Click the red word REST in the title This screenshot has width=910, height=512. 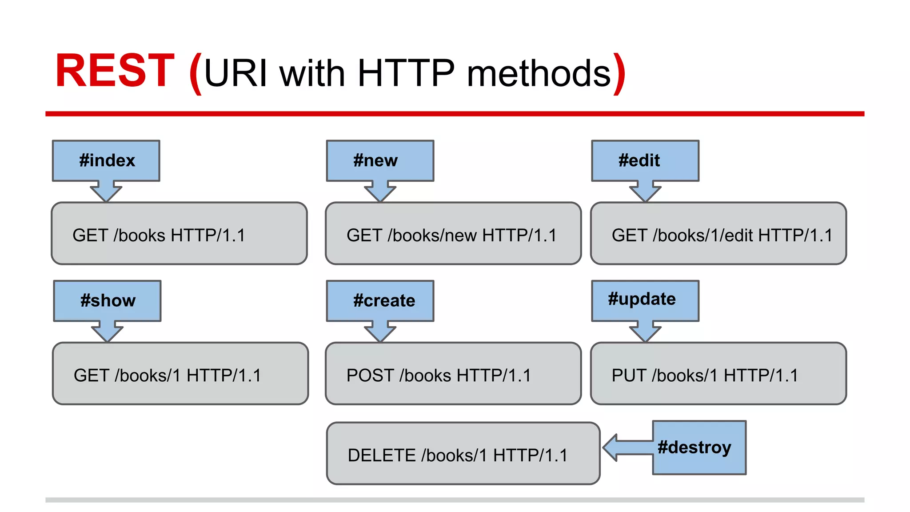pos(115,71)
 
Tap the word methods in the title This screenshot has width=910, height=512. pos(539,73)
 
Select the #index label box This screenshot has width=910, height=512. pos(106,160)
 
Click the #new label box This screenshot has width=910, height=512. pos(380,160)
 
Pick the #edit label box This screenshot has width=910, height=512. pos(645,160)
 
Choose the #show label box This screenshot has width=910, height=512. pos(107,300)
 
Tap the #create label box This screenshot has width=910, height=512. pos(380,300)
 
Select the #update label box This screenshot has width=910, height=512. pos(645,300)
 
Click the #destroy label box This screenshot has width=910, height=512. pos(699,447)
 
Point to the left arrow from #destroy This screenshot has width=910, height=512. pos(624,448)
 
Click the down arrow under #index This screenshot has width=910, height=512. pos(106,192)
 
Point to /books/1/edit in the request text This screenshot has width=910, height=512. pos(702,236)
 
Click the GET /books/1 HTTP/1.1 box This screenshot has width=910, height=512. pos(180,373)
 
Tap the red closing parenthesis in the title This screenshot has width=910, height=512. pos(619,73)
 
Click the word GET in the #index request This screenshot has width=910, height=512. pos(90,236)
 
